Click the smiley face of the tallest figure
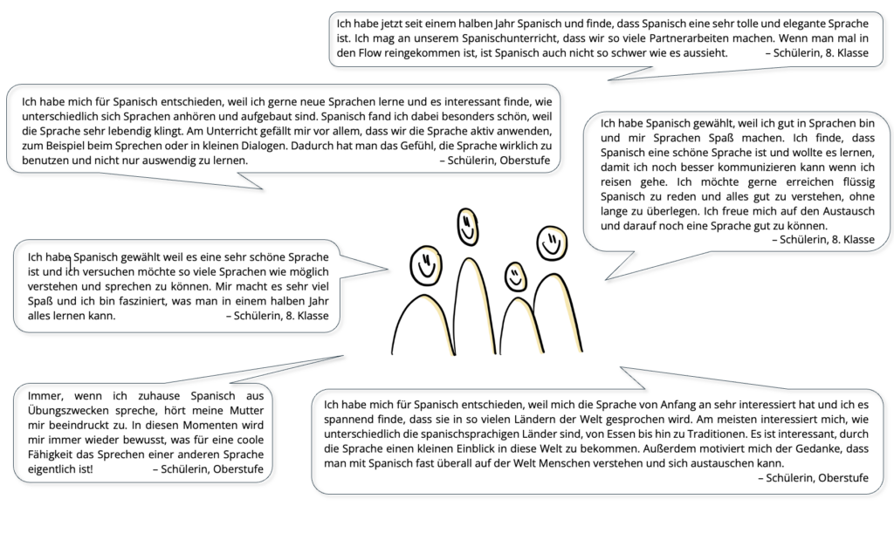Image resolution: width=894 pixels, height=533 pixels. tap(468, 229)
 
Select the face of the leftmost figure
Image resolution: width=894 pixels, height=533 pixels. tap(427, 264)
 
